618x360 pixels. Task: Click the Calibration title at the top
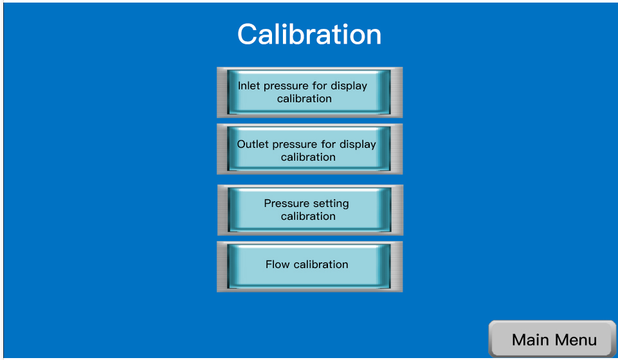(x=309, y=34)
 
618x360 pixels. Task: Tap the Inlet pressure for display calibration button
(x=310, y=93)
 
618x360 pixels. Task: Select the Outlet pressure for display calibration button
(x=310, y=149)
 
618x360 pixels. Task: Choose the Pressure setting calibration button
(x=310, y=210)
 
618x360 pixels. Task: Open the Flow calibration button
(x=310, y=267)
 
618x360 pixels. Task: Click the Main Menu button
(x=552, y=339)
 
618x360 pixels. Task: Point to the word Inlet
(x=249, y=85)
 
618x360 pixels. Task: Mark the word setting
(x=331, y=204)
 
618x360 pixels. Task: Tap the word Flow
(x=277, y=264)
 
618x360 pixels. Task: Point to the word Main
(x=530, y=339)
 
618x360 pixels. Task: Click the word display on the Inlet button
(x=349, y=86)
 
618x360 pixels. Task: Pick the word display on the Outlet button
(x=358, y=145)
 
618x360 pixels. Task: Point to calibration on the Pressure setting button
(x=308, y=216)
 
